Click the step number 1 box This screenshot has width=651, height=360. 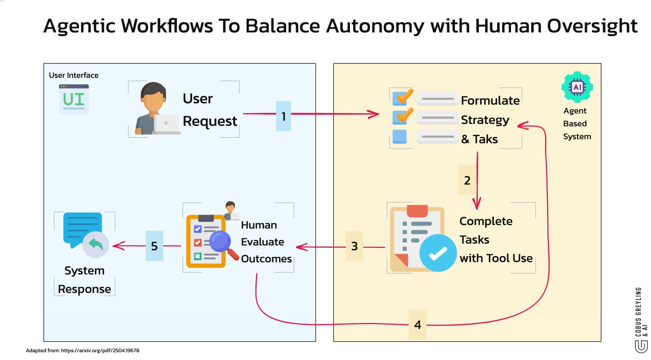tap(283, 116)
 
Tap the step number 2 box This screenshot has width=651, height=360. tap(467, 180)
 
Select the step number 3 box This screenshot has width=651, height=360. tap(354, 246)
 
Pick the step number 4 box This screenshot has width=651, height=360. tap(417, 325)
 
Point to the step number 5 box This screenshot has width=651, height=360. tap(154, 246)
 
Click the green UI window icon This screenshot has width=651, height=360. tap(74, 99)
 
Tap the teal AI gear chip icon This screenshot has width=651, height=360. tap(577, 87)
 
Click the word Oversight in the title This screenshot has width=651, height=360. tap(592, 26)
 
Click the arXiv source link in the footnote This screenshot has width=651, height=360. tap(100, 350)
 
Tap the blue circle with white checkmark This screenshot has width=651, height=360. tap(438, 253)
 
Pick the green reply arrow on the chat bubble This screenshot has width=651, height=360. tap(96, 244)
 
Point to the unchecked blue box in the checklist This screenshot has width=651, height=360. tap(399, 137)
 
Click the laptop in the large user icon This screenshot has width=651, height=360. tap(167, 124)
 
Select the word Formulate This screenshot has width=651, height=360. tap(490, 101)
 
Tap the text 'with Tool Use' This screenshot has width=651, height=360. tap(496, 258)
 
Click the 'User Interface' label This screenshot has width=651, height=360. tap(73, 75)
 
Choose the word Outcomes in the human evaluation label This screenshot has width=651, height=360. tap(266, 259)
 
